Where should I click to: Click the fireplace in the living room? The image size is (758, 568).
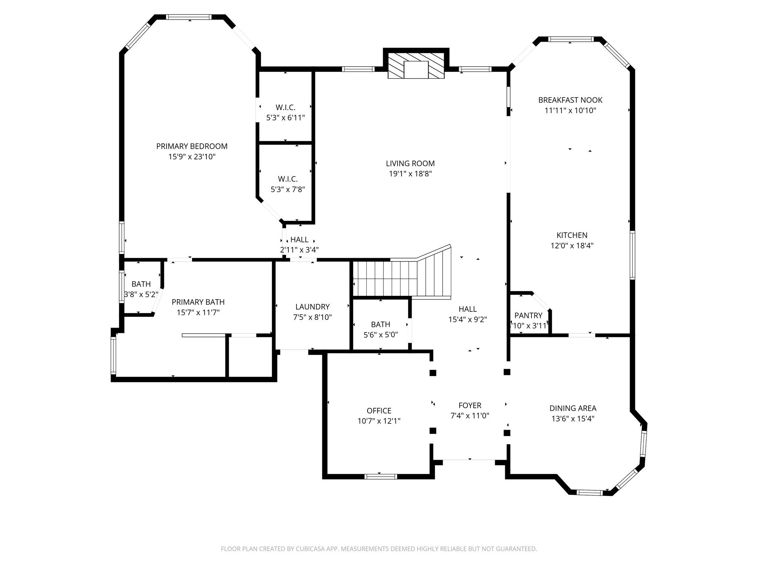pyautogui.click(x=416, y=65)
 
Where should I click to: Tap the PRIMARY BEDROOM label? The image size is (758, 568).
pyautogui.click(x=192, y=146)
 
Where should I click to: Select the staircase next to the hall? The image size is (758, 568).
pyautogui.click(x=402, y=278)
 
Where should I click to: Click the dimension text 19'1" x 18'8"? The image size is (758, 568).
pyautogui.click(x=410, y=174)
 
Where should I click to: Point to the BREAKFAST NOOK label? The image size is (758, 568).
pyautogui.click(x=570, y=100)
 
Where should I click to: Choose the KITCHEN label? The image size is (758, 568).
pyautogui.click(x=572, y=235)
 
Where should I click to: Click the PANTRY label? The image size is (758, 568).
pyautogui.click(x=528, y=315)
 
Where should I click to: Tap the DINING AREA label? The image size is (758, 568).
pyautogui.click(x=573, y=408)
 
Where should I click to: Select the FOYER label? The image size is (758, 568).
pyautogui.click(x=470, y=405)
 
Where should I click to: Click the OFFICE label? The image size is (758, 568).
pyautogui.click(x=379, y=410)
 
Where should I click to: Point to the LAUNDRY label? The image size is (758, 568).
pyautogui.click(x=312, y=307)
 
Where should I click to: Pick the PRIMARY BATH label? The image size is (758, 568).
pyautogui.click(x=198, y=302)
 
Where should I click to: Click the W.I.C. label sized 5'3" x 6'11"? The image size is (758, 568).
pyautogui.click(x=285, y=108)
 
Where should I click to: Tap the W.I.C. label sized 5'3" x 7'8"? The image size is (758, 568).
pyautogui.click(x=288, y=179)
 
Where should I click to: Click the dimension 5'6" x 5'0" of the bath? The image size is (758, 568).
pyautogui.click(x=380, y=335)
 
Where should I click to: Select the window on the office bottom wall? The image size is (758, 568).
pyautogui.click(x=380, y=477)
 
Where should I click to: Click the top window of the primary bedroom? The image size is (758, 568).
pyautogui.click(x=189, y=17)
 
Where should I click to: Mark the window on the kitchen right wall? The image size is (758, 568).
pyautogui.click(x=632, y=255)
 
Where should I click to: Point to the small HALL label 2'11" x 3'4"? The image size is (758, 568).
pyautogui.click(x=299, y=240)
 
